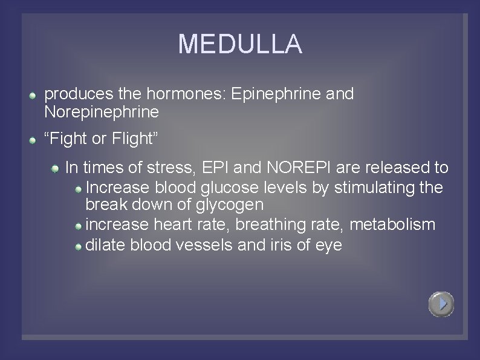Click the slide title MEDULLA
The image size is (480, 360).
(240, 44)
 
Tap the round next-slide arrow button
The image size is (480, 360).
(441, 304)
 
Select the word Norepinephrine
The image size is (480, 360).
(102, 112)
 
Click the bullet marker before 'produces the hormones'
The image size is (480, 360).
(34, 96)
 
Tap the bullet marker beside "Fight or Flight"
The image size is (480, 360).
(34, 140)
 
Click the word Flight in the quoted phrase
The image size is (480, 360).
(135, 139)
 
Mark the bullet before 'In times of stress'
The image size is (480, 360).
(55, 168)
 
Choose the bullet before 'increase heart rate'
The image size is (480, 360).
(79, 226)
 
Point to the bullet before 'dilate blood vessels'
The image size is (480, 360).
(79, 247)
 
